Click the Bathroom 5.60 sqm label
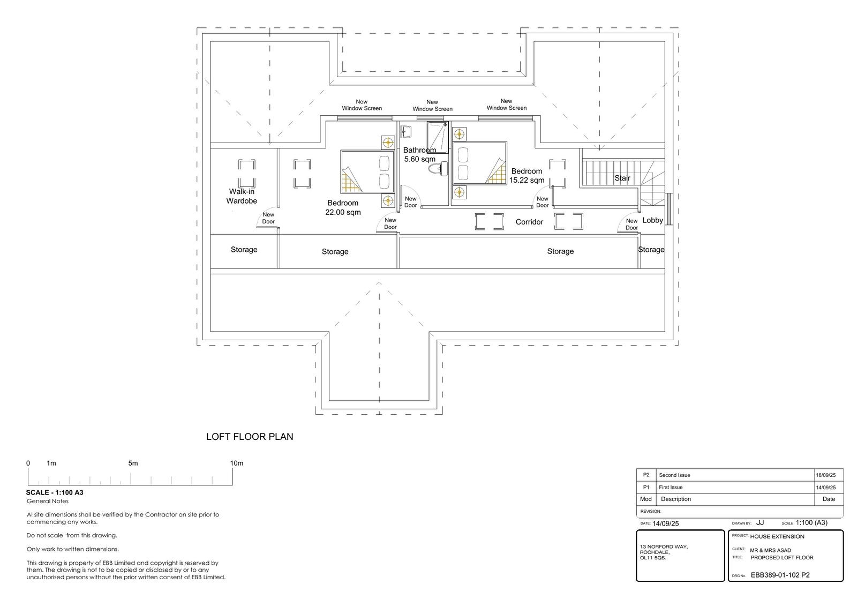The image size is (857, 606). click(x=420, y=155)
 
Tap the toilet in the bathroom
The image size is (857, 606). click(x=438, y=168)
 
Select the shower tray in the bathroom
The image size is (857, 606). click(x=437, y=137)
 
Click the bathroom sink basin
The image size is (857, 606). click(x=405, y=132)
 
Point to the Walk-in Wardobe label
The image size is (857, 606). click(x=242, y=196)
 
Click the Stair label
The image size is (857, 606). click(x=622, y=178)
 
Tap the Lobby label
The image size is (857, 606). click(x=653, y=220)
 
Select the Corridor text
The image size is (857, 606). click(x=529, y=222)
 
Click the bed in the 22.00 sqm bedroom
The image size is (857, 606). click(x=367, y=172)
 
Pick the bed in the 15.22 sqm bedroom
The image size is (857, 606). click(x=480, y=163)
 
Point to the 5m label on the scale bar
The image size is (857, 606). click(x=133, y=463)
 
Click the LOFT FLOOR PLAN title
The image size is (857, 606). click(x=250, y=437)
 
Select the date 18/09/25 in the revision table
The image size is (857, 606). click(x=825, y=475)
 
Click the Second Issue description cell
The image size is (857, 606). click(x=674, y=475)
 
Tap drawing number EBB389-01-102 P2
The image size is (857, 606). click(x=780, y=575)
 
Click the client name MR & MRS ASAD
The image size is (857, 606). click(x=771, y=550)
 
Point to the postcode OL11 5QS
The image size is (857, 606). click(x=653, y=558)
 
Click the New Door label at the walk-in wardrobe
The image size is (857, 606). click(x=268, y=218)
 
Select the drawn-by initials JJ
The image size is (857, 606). click(x=760, y=522)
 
